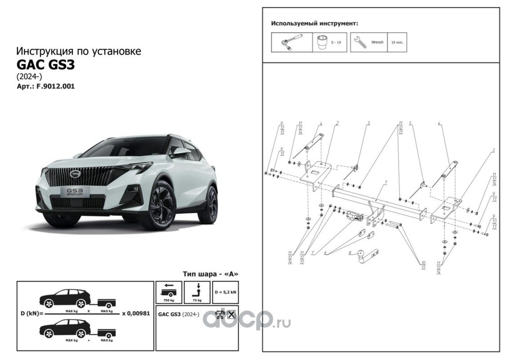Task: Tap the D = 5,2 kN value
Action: (225, 292)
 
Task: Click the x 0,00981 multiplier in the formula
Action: (136, 313)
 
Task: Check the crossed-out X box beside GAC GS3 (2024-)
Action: (231, 315)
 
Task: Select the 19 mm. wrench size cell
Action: (397, 42)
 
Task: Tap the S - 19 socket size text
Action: (335, 42)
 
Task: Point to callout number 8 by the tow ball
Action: (350, 253)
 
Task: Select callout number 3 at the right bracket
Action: (494, 150)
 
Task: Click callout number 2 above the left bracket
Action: (337, 123)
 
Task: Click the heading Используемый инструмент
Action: (315, 24)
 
